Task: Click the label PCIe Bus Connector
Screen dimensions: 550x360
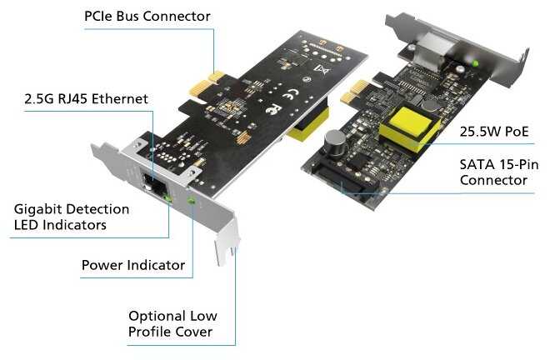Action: click(147, 16)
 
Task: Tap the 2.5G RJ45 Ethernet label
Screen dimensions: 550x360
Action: click(87, 99)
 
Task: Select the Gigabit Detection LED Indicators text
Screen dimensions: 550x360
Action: click(72, 217)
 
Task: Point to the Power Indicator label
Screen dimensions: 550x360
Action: click(133, 265)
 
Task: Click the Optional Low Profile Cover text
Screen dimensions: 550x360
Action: click(172, 324)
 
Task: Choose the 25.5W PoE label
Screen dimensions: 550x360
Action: click(494, 132)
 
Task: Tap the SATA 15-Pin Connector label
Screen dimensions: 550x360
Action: click(499, 172)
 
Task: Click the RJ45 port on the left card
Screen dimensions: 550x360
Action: click(153, 183)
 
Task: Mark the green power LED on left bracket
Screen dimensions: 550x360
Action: click(191, 201)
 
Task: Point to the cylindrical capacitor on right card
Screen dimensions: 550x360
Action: click(335, 143)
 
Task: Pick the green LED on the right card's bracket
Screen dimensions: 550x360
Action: click(475, 63)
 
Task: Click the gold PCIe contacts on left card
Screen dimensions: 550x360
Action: click(207, 84)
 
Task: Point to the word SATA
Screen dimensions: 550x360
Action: click(475, 164)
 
